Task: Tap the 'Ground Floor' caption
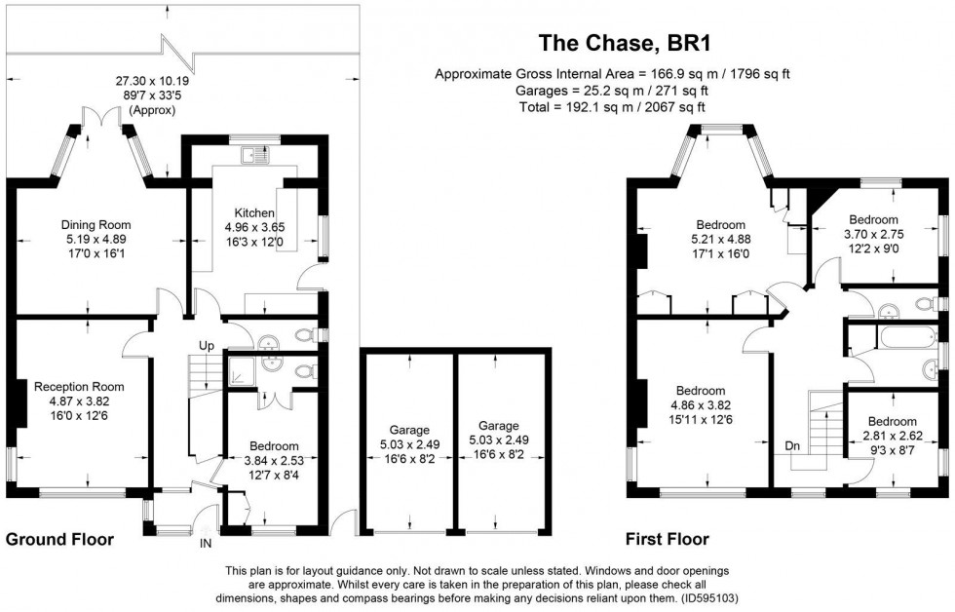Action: pyautogui.click(x=60, y=539)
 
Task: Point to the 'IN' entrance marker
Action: pyautogui.click(x=206, y=543)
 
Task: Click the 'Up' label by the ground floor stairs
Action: pyautogui.click(x=207, y=346)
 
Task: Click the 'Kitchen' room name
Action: pyautogui.click(x=253, y=212)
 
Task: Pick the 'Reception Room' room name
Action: pyautogui.click(x=79, y=387)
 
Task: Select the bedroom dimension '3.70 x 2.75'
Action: pyautogui.click(x=872, y=235)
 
